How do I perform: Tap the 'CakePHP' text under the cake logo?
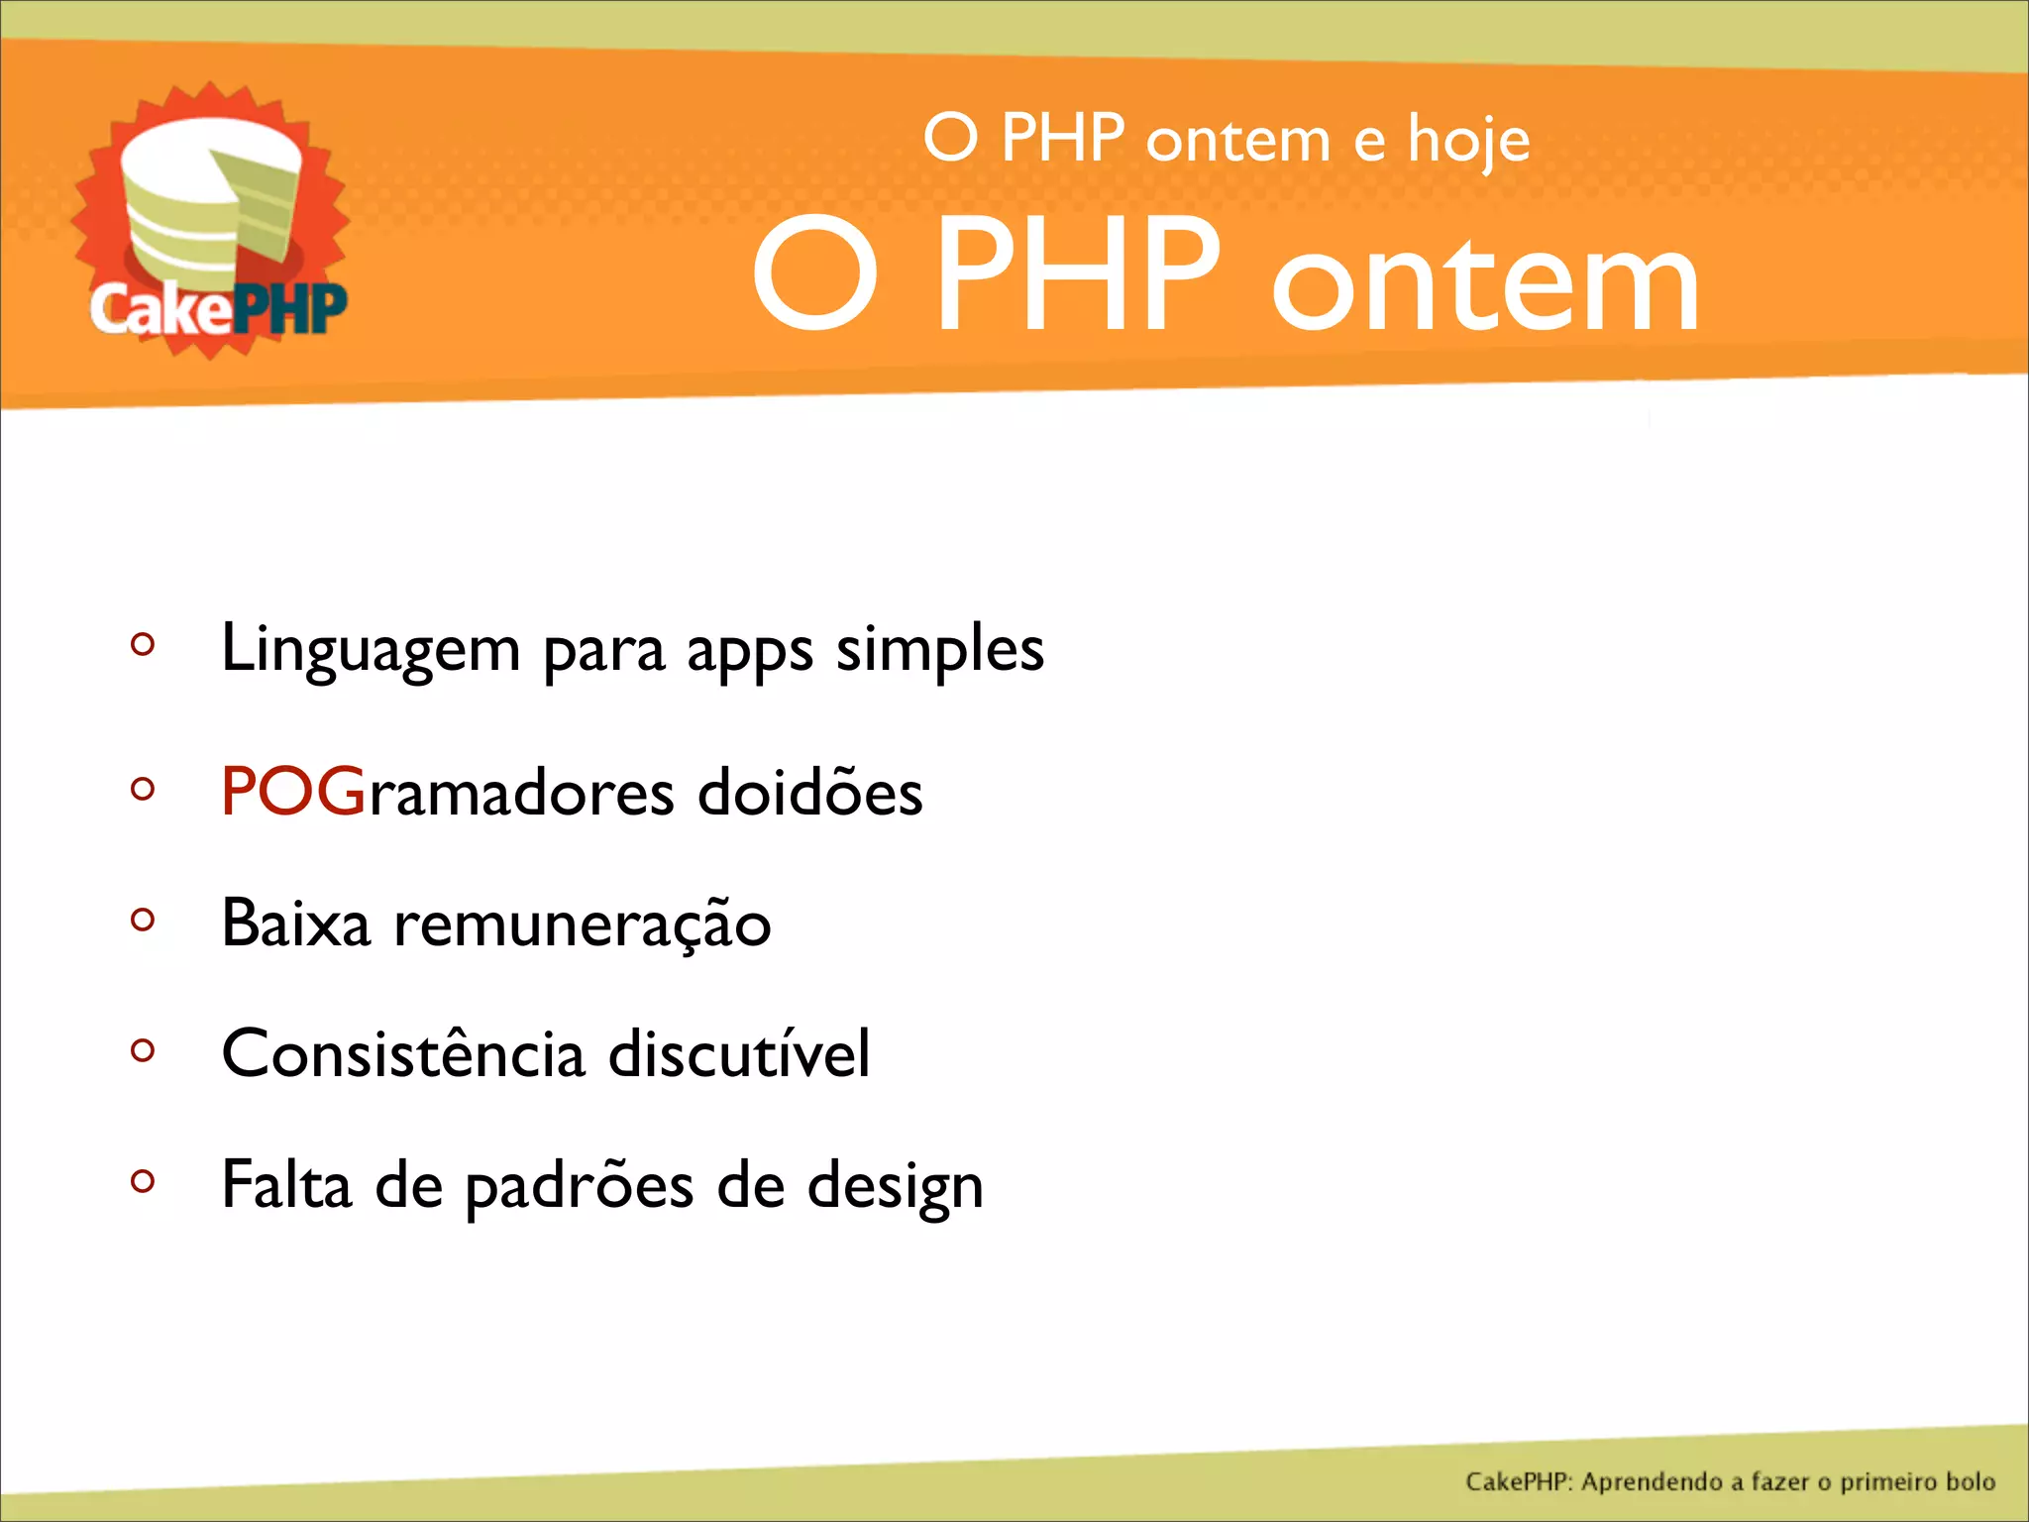(218, 309)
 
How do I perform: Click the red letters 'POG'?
(293, 792)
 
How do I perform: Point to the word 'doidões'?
(809, 792)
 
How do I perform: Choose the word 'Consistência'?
(403, 1053)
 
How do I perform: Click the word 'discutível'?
(738, 1053)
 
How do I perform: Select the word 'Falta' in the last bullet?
(286, 1184)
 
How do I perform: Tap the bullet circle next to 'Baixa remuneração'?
(143, 920)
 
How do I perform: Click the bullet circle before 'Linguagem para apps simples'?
(143, 644)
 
